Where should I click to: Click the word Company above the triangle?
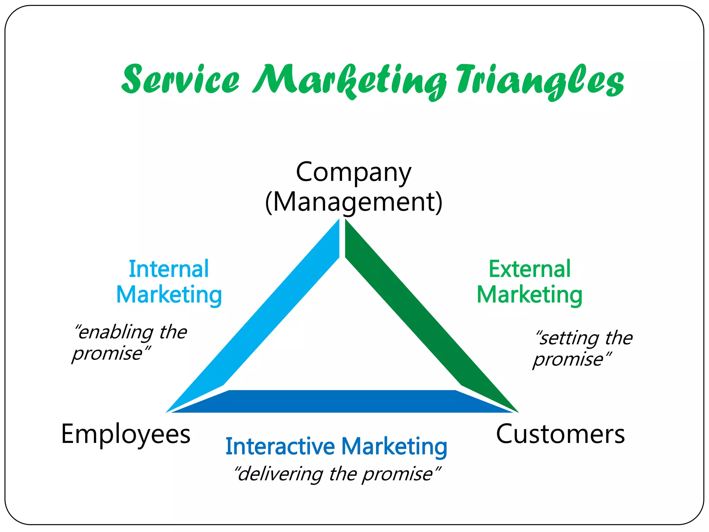[353, 172]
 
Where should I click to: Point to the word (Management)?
[353, 202]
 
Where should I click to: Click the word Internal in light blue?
[169, 269]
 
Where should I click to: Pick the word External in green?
[529, 269]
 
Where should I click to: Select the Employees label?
[126, 434]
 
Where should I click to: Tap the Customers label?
[560, 434]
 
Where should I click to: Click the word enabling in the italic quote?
[114, 332]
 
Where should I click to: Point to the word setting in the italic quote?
[568, 338]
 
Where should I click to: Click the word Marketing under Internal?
[169, 295]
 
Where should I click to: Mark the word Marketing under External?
[529, 295]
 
